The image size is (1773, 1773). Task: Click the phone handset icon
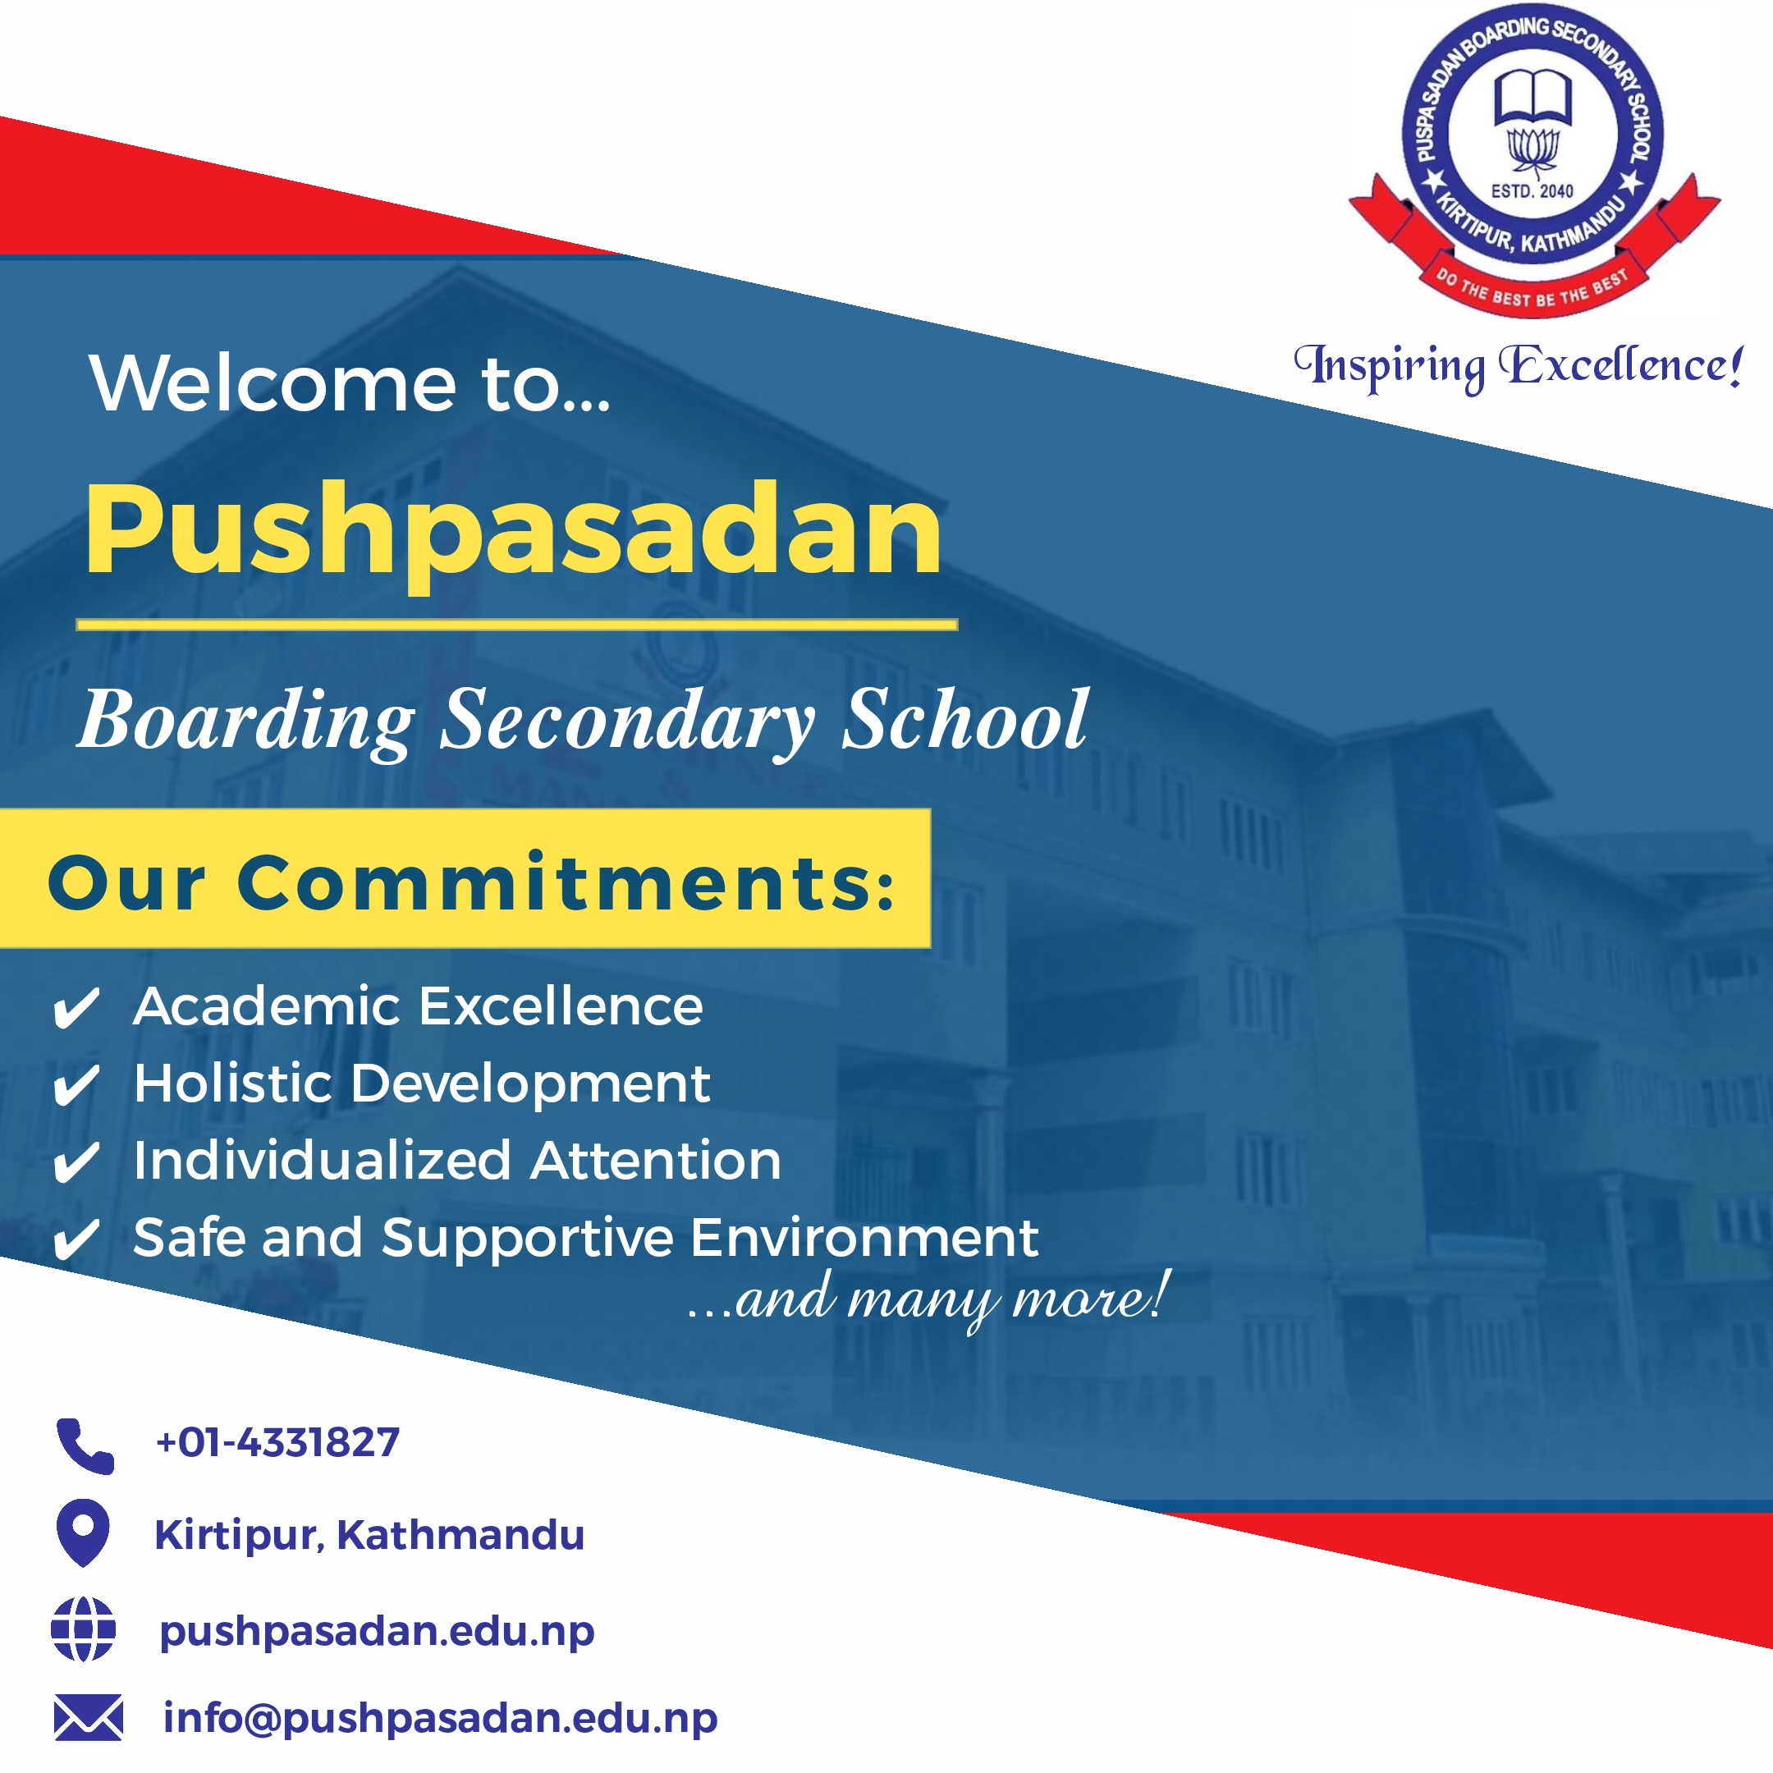[x=85, y=1445]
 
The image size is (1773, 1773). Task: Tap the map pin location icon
[x=84, y=1532]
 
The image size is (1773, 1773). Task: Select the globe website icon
[x=84, y=1629]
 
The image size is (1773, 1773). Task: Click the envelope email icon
[x=88, y=1717]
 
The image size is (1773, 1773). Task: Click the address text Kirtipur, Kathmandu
[x=370, y=1535]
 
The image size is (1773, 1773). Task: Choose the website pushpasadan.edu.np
[x=378, y=1632]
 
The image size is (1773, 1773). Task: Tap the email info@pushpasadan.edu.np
[x=441, y=1718]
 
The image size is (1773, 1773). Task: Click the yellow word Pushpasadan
[x=514, y=534]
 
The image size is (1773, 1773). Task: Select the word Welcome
[x=273, y=383]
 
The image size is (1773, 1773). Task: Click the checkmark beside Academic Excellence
[x=76, y=1009]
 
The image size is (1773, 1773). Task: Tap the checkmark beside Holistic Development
[x=76, y=1086]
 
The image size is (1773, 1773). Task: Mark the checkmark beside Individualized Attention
[x=76, y=1163]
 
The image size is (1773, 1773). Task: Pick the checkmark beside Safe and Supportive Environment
[x=76, y=1239]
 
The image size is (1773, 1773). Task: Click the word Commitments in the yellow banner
[x=566, y=883]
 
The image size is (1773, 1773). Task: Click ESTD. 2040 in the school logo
[x=1532, y=191]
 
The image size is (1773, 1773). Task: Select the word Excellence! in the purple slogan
[x=1620, y=365]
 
